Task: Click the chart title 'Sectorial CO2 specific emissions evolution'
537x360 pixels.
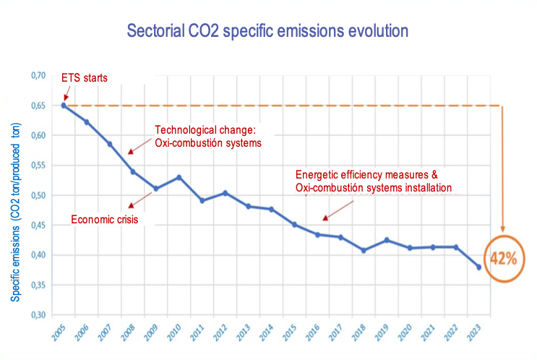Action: pyautogui.click(x=267, y=31)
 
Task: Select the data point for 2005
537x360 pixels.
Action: pyautogui.click(x=64, y=106)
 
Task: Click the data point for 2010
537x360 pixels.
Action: pyautogui.click(x=179, y=177)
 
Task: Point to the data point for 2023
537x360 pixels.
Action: pyautogui.click(x=478, y=267)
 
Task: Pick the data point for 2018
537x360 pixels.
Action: pyautogui.click(x=364, y=250)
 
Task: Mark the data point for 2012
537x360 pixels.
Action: pyautogui.click(x=225, y=193)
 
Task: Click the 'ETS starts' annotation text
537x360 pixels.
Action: pyautogui.click(x=83, y=77)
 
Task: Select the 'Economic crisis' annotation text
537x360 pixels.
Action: pyautogui.click(x=104, y=219)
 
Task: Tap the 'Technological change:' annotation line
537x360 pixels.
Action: pyautogui.click(x=206, y=131)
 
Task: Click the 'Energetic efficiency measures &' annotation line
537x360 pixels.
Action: pyautogui.click(x=367, y=176)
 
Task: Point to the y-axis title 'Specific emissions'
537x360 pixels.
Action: pyautogui.click(x=14, y=210)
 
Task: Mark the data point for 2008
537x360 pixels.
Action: pyautogui.click(x=133, y=171)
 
